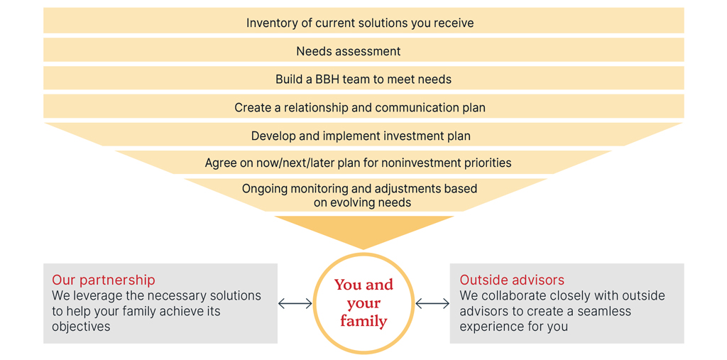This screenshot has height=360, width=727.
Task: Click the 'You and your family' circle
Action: pos(363,303)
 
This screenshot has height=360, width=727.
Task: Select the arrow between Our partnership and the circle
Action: pos(295,304)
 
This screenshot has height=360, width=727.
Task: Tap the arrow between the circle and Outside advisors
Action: pos(432,304)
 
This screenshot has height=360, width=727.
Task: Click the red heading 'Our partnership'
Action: pos(104,280)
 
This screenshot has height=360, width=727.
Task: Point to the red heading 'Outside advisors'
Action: pos(512,280)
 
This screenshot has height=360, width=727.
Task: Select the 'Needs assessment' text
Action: pos(348,51)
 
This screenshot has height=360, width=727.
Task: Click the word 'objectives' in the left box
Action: pos(82,327)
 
